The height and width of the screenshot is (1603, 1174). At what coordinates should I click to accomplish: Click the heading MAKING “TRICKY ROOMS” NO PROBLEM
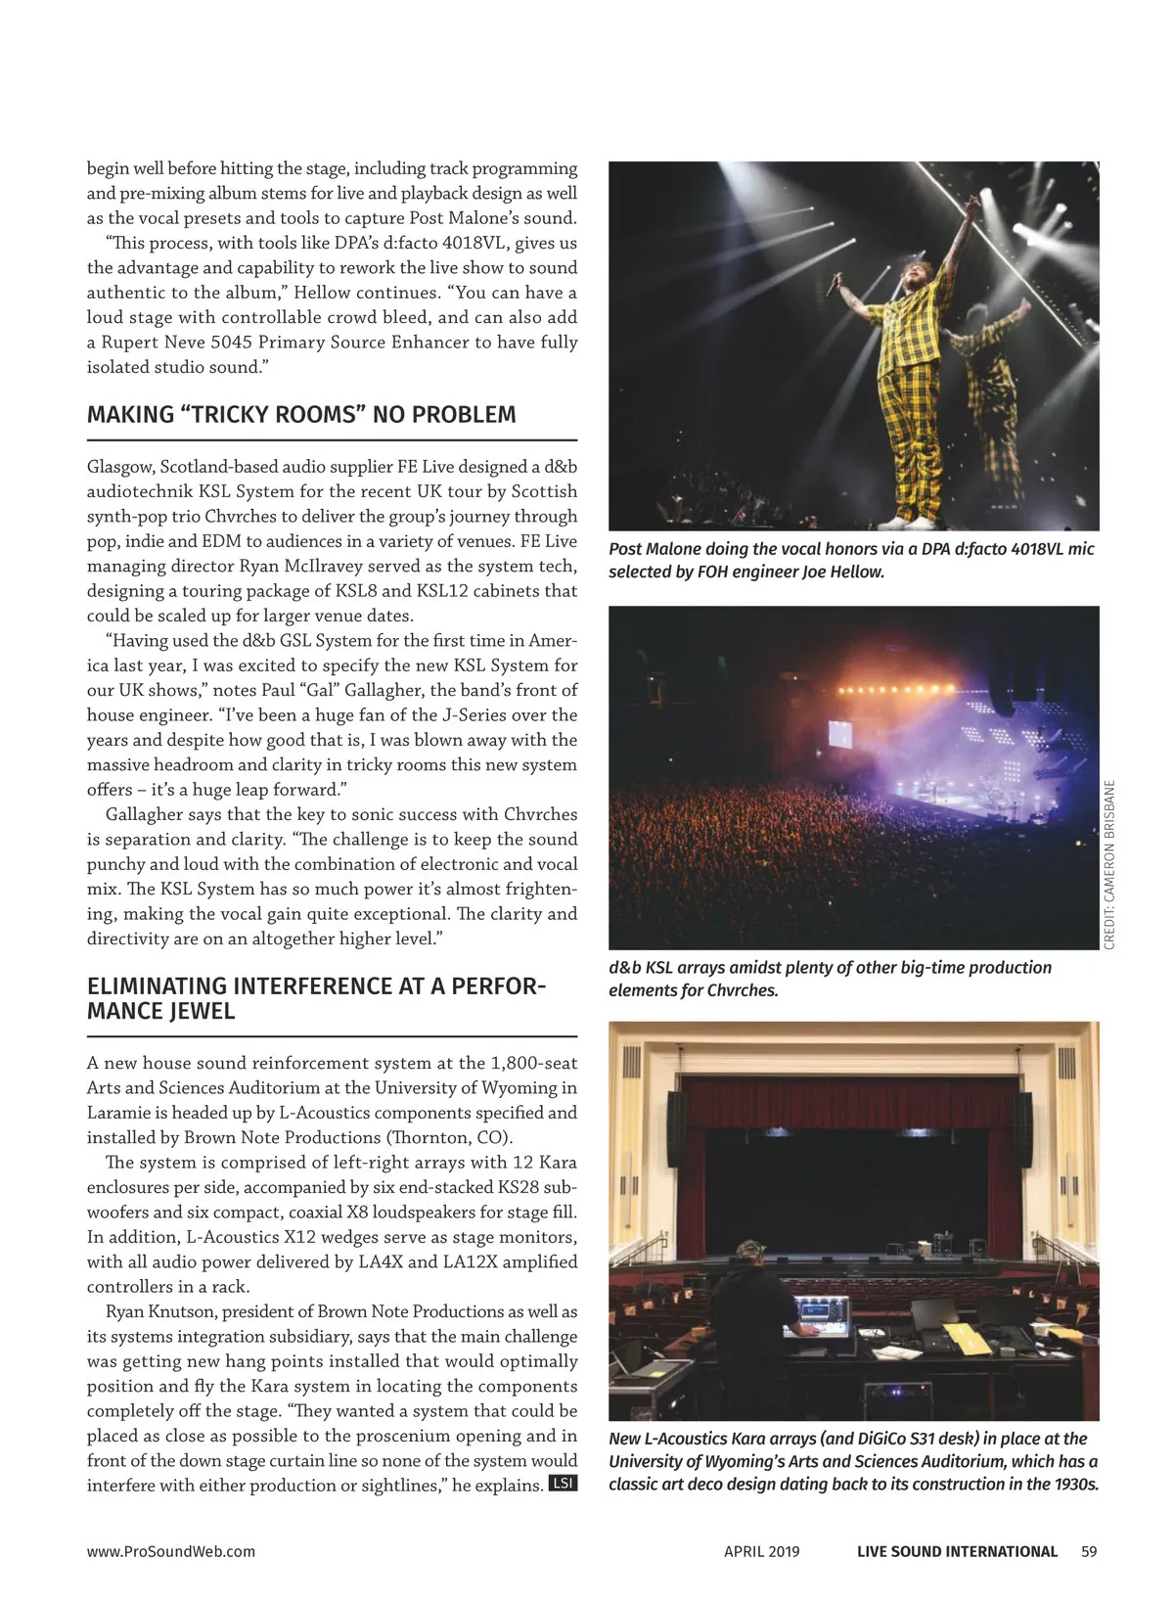[301, 415]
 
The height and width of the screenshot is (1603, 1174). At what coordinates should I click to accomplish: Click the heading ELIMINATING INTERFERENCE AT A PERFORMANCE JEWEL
[316, 998]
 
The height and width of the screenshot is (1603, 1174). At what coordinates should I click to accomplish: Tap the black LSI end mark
[564, 1484]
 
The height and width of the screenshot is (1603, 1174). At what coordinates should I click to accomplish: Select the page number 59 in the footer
[1089, 1551]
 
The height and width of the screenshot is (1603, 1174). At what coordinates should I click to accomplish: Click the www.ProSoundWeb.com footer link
[171, 1551]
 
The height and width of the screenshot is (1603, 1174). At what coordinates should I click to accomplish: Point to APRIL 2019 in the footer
[761, 1551]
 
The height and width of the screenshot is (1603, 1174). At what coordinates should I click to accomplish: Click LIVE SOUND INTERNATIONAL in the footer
[957, 1551]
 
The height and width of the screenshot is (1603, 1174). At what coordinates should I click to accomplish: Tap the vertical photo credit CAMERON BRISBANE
[1109, 864]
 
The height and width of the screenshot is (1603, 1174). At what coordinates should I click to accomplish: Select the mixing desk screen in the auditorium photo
[820, 1310]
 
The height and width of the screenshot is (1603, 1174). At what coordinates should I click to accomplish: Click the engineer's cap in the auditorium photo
[748, 1249]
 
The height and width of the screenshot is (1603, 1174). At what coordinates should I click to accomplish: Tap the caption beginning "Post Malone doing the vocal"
[851, 561]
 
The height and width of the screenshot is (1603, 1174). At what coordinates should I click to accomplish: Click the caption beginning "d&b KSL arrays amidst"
[830, 979]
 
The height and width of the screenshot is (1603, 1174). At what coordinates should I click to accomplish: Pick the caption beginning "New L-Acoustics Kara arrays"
[853, 1461]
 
